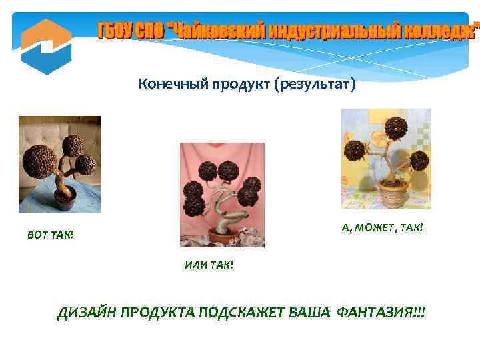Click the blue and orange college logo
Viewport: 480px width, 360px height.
coord(45,45)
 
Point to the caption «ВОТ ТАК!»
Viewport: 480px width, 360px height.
coord(51,235)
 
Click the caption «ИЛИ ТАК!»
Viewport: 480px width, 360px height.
coord(209,265)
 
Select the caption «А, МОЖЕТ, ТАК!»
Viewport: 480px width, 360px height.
coord(382,228)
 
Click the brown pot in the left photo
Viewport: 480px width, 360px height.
coord(65,197)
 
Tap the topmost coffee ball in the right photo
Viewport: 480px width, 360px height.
coord(395,127)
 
